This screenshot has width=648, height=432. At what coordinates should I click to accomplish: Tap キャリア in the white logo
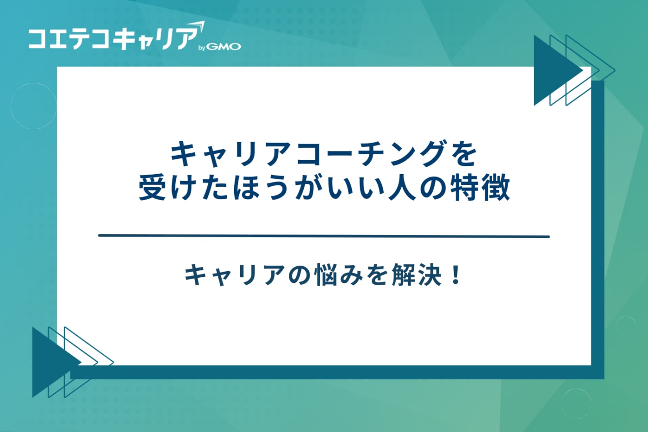(x=155, y=39)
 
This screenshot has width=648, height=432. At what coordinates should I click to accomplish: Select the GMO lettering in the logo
(x=224, y=47)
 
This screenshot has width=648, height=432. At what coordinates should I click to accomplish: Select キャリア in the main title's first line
(x=231, y=154)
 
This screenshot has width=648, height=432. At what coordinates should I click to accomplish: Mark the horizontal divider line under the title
(x=324, y=236)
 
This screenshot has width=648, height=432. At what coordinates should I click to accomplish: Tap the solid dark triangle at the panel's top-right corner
(x=553, y=70)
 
